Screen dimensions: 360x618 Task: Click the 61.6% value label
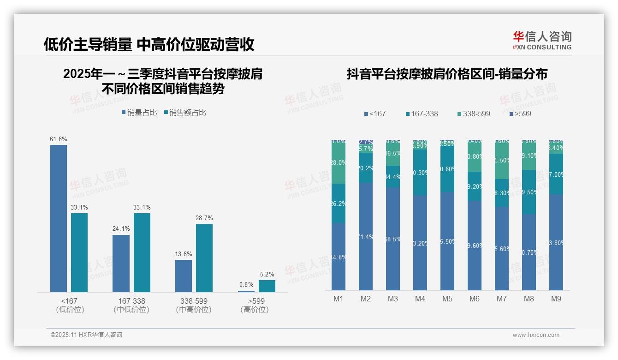click(x=59, y=139)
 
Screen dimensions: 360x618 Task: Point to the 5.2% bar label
click(x=267, y=274)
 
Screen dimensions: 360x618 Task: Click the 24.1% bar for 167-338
click(x=121, y=263)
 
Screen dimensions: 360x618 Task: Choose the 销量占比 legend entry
click(x=139, y=113)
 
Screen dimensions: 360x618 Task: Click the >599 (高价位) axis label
click(x=255, y=305)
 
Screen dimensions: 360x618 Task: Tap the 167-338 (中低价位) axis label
click(x=131, y=305)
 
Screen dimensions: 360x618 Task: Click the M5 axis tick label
click(x=447, y=299)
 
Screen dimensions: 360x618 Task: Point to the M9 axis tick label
click(x=556, y=299)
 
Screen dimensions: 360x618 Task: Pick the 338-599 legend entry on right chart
click(x=474, y=114)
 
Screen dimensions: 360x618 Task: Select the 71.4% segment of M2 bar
click(x=366, y=236)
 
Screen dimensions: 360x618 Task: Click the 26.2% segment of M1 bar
click(x=339, y=204)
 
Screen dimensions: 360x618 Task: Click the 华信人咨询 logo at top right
click(x=542, y=41)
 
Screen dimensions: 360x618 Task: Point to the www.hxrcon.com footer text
click(x=536, y=335)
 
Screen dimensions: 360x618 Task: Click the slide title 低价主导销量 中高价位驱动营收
click(x=149, y=44)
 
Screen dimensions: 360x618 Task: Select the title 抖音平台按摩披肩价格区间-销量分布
click(x=447, y=74)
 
